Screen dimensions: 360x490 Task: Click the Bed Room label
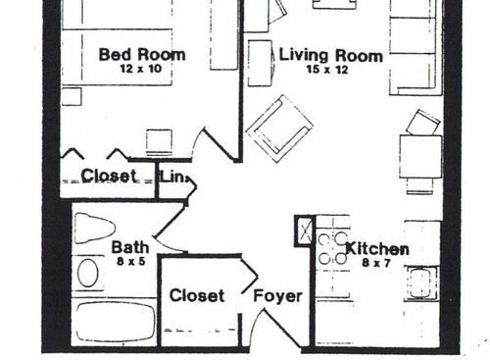click(x=141, y=54)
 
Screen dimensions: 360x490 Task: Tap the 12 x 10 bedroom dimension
click(x=141, y=71)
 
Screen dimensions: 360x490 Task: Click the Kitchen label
click(x=377, y=249)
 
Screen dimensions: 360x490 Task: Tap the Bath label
click(x=129, y=247)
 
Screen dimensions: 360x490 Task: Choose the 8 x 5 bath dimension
click(x=129, y=263)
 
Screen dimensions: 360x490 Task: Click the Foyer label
click(x=277, y=295)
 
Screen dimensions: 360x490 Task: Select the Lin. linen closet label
click(x=172, y=177)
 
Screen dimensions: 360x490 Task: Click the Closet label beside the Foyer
click(x=197, y=295)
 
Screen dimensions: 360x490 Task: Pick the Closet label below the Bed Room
click(x=109, y=177)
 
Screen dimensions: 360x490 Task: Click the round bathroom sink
click(x=89, y=273)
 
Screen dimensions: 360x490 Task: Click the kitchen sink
click(x=421, y=283)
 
